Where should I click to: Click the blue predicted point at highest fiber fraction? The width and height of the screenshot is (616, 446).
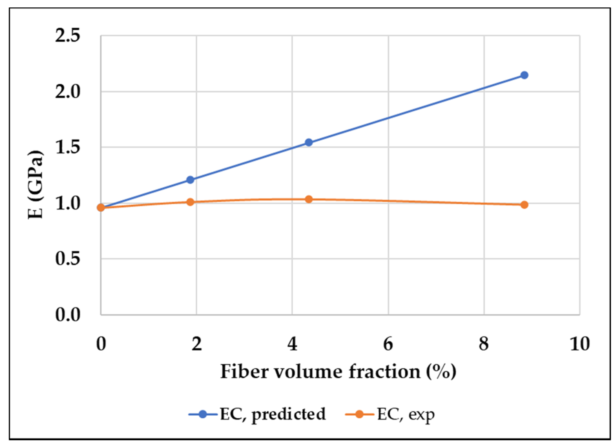point(524,75)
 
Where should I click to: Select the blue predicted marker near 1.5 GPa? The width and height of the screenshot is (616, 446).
point(309,142)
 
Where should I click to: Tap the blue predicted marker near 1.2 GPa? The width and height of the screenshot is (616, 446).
point(190,180)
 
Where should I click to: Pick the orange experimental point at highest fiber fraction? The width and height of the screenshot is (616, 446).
point(524,205)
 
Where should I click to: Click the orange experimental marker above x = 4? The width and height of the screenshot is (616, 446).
point(309,199)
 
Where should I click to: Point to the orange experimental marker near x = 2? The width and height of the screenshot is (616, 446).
point(190,202)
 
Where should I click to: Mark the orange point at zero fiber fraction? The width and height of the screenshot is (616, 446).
point(101,208)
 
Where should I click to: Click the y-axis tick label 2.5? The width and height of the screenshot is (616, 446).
point(67,36)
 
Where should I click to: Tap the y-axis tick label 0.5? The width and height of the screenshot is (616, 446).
point(67,259)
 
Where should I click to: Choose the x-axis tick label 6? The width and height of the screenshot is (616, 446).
point(388,344)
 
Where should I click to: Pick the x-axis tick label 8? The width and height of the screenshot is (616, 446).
point(484,344)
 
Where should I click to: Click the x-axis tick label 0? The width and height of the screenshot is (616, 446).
point(101,344)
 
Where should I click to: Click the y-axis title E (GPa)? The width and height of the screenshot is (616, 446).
point(36,184)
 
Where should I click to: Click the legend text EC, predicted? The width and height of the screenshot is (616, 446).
point(273,414)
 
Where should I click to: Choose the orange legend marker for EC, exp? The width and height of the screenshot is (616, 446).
point(359,414)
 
